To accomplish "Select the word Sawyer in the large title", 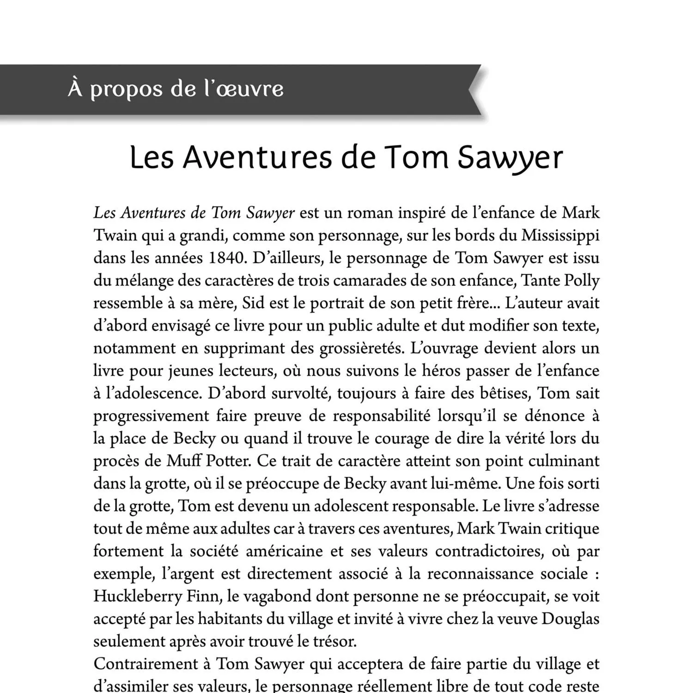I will (510, 158).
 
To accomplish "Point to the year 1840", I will (225, 257).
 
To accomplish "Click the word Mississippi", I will (560, 235).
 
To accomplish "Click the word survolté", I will (300, 393).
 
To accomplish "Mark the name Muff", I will (183, 461).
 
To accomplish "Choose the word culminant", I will (564, 461).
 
